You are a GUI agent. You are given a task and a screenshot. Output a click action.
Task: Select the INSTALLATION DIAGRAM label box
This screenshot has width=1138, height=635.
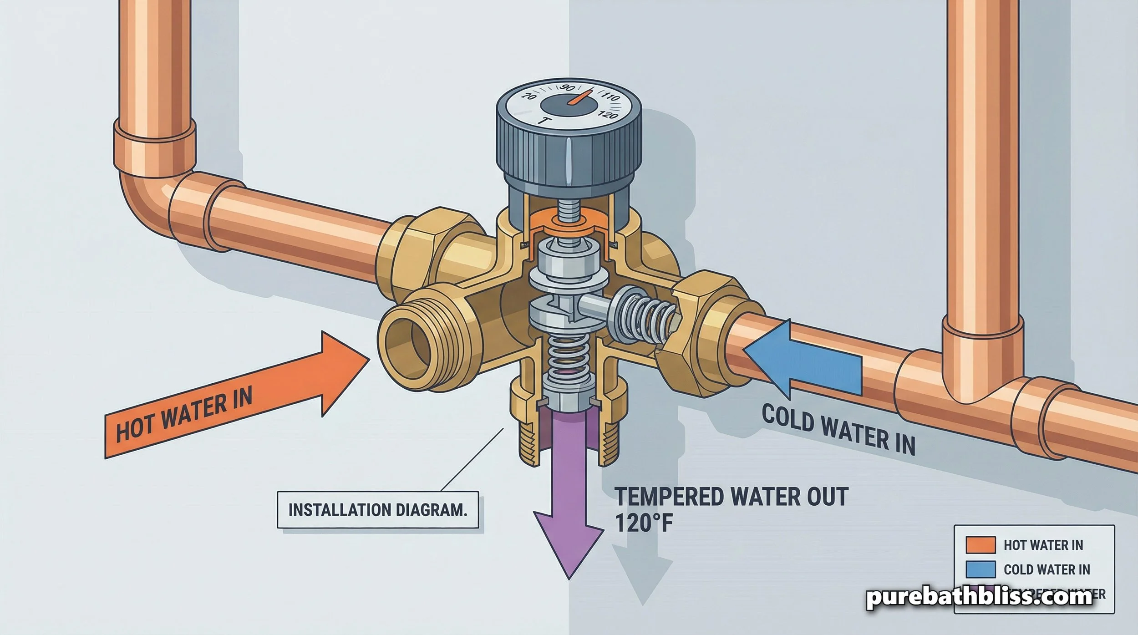point(378,510)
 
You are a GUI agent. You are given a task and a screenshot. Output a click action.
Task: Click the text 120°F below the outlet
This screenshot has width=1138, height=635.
point(644,523)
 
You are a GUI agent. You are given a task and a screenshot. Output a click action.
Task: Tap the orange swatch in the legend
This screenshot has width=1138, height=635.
point(980,545)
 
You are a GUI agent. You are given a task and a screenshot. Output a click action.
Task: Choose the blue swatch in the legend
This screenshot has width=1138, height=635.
point(980,569)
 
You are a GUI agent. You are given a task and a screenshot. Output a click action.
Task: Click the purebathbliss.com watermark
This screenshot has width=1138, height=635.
point(979,597)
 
